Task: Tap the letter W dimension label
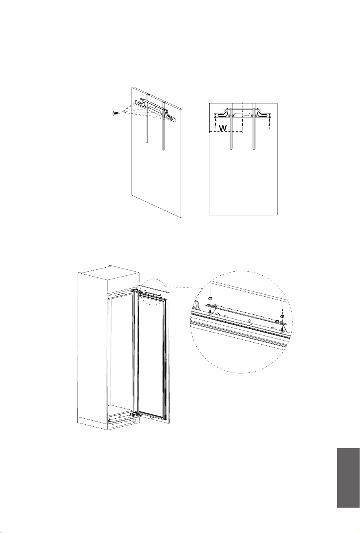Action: [222, 128]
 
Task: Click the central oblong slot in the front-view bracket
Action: [242, 115]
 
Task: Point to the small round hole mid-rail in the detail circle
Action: [250, 321]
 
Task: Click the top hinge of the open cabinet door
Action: [136, 291]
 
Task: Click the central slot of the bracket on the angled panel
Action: [156, 110]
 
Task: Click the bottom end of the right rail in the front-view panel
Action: [254, 149]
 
